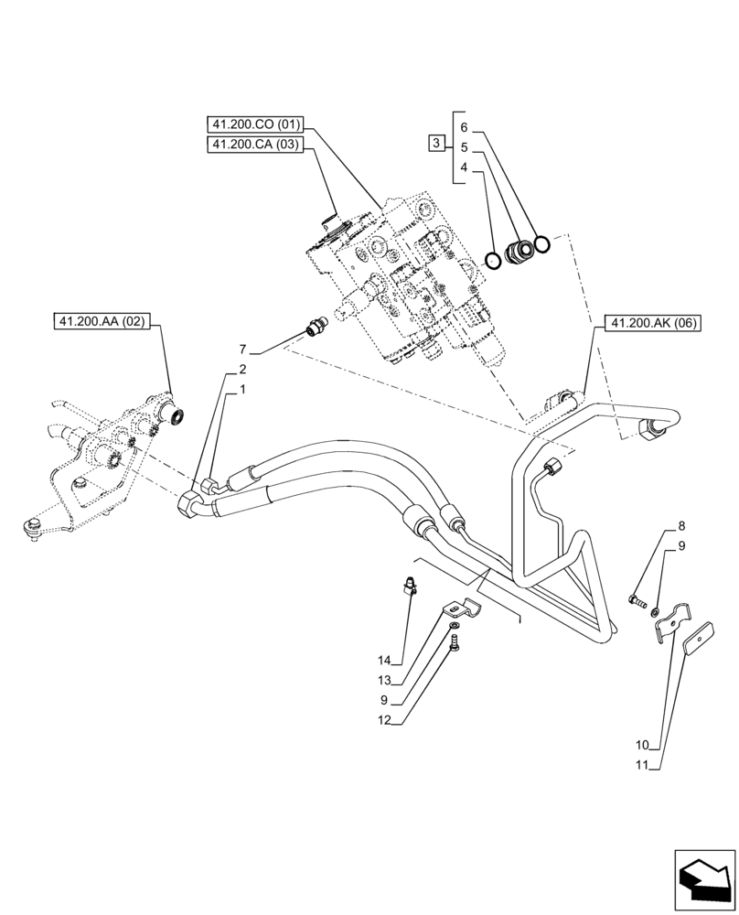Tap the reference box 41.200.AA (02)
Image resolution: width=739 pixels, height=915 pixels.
[x=105, y=321]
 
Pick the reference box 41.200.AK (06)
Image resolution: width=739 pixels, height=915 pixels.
[x=652, y=322]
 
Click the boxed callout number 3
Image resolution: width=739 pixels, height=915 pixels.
[x=437, y=143]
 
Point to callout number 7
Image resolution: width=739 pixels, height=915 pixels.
[x=242, y=350]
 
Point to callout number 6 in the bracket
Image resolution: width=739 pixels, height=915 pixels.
[x=464, y=127]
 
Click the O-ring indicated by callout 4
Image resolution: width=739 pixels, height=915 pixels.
[x=493, y=261]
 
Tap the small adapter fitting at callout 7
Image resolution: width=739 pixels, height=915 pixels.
[x=316, y=326]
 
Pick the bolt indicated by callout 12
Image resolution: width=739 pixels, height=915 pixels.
[x=455, y=645]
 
